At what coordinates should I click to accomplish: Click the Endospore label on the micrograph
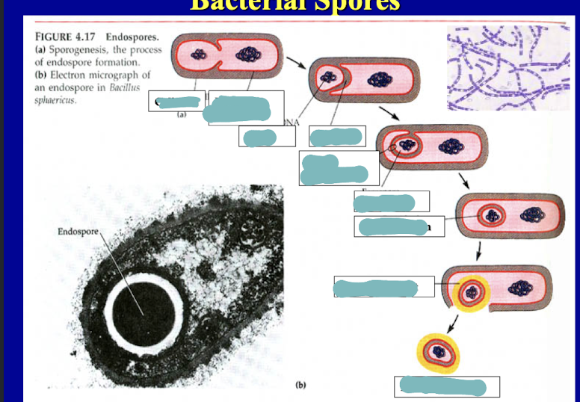click(x=76, y=232)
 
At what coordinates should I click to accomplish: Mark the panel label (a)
click(x=181, y=116)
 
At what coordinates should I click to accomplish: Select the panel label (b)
click(x=300, y=386)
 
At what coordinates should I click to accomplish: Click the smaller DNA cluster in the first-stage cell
click(x=198, y=55)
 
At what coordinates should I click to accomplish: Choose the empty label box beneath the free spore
click(x=447, y=387)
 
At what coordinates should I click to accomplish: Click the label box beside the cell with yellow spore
click(x=383, y=287)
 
